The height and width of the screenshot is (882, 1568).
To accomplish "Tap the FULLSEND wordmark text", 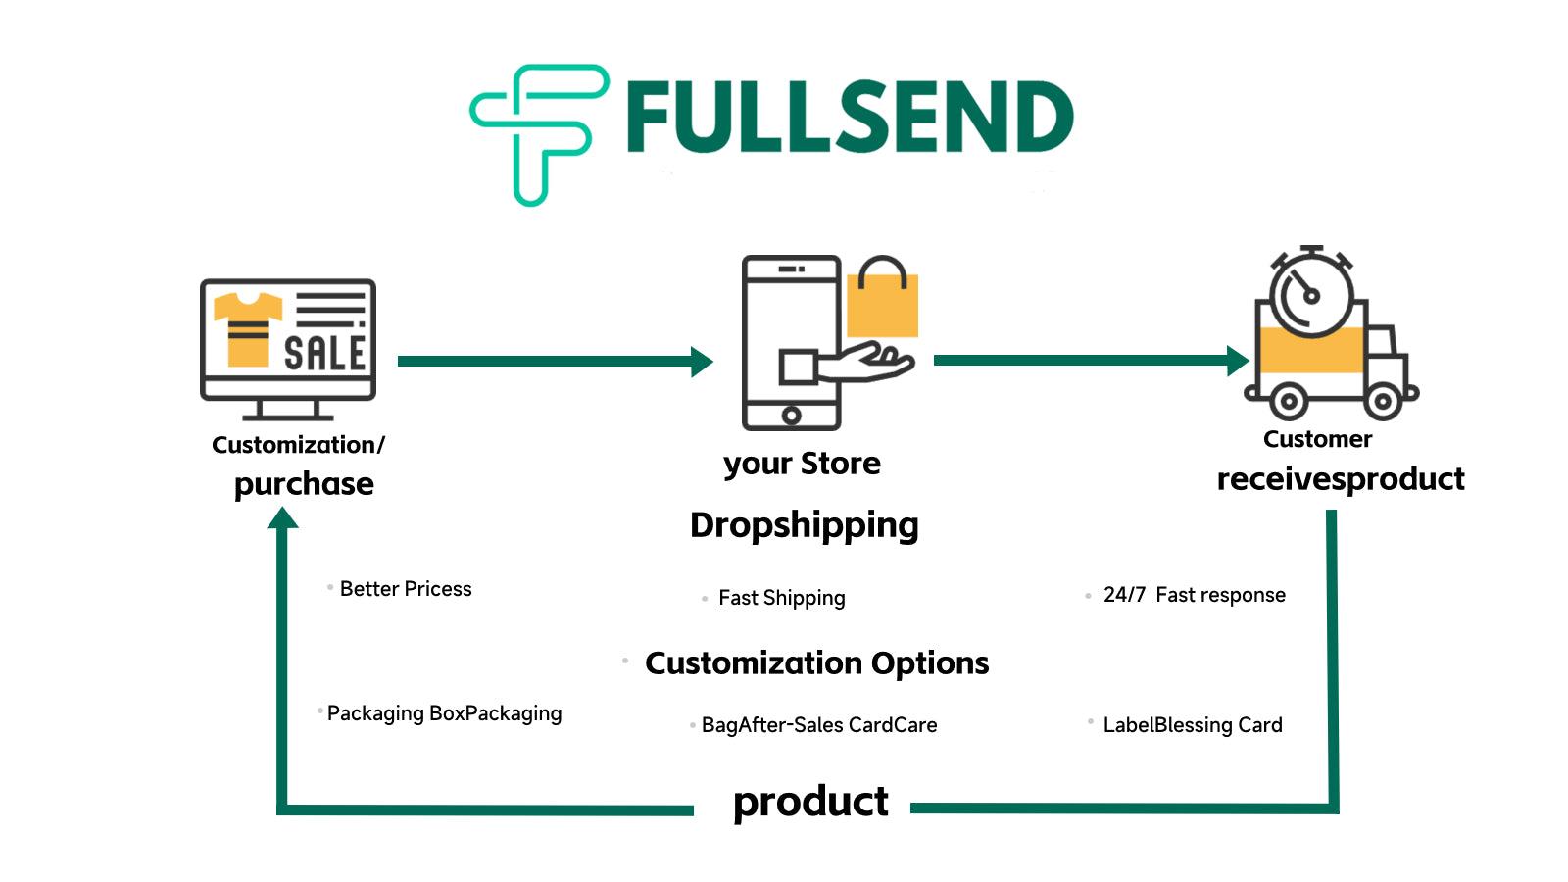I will pos(849,118).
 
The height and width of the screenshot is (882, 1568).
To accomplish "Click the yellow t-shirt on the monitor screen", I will pos(247,327).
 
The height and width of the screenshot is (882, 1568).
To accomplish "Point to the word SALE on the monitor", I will pos(324,352).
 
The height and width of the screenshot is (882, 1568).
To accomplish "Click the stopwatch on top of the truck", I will pos(1311,294).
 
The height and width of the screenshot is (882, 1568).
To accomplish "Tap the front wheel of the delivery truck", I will pos(1382,400).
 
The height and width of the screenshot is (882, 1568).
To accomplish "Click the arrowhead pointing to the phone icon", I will pos(702,362).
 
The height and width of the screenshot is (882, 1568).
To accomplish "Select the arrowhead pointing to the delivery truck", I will pos(1238,361).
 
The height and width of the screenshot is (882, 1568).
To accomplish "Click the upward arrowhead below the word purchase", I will pos(282,518).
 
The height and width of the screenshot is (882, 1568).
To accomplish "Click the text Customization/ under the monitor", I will pos(298,445).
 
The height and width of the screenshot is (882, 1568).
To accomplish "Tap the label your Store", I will pos(802,464).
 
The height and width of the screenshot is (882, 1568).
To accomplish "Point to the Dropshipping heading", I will pos(804,525).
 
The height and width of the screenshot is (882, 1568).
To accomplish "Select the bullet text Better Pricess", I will pos(405,589).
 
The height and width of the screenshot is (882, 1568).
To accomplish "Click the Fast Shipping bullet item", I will pos(781,598).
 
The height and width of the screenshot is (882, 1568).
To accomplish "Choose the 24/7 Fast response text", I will pos(1194,595).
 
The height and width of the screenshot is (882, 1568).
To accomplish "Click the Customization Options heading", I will pos(816,663).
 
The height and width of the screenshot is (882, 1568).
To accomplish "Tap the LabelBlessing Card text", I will pos(1192,725).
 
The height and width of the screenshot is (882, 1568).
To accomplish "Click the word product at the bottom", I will pos(810,803).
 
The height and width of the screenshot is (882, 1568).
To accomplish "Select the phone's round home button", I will pos(791,416).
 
